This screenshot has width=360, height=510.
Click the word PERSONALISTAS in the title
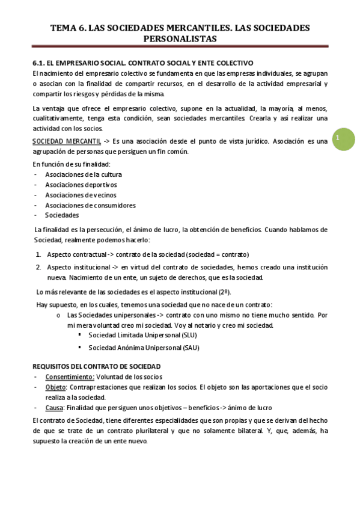180,38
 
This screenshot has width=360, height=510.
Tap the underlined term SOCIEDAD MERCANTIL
67,141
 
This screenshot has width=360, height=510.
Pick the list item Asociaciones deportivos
81,185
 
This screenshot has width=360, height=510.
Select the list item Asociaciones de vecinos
81,195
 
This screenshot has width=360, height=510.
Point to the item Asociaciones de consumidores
90,205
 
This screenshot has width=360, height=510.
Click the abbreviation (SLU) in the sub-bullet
188,336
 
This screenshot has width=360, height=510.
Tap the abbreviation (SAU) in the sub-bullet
190,348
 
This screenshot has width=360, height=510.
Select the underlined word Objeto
56,387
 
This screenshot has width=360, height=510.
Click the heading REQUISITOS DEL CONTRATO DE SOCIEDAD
96,366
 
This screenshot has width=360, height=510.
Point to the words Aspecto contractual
76,254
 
